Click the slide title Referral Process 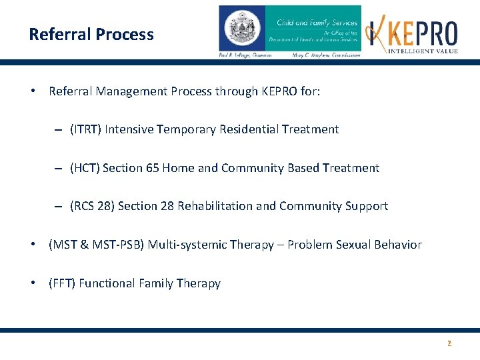(x=91, y=35)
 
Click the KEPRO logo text (x=424, y=33)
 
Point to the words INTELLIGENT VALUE (x=424, y=51)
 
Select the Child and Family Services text (x=317, y=23)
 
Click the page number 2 (x=449, y=343)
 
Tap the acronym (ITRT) (x=86, y=129)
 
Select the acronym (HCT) (x=85, y=168)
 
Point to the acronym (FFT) (x=62, y=283)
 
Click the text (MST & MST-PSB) (x=96, y=245)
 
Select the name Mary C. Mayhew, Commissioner (x=327, y=55)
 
